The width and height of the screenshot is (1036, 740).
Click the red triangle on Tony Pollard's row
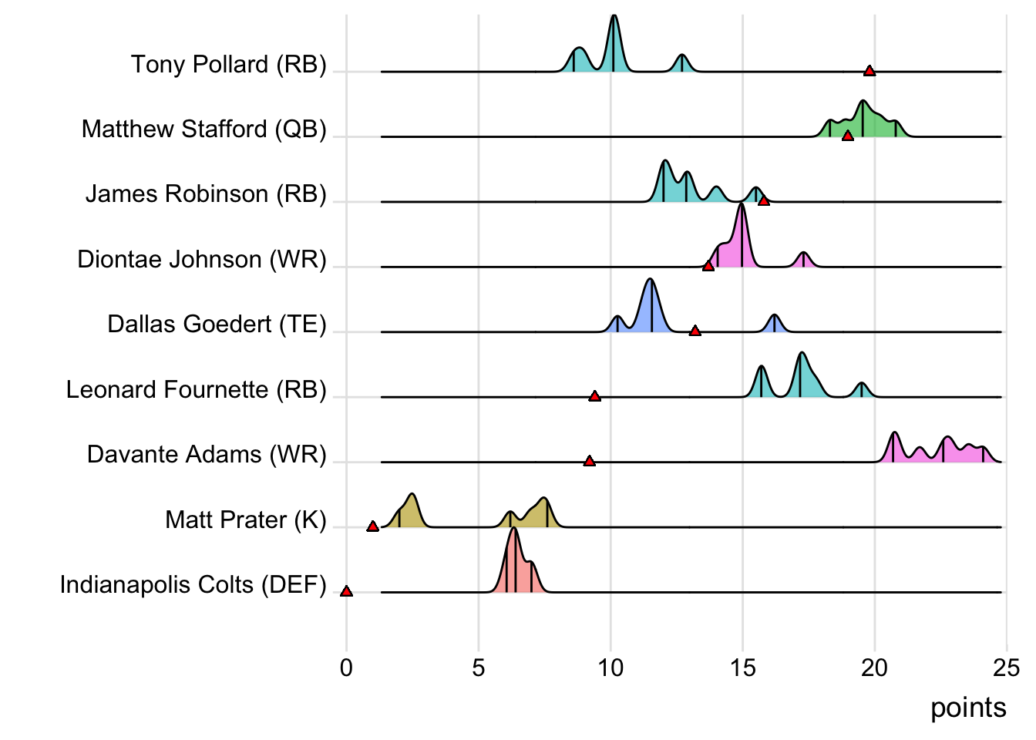[x=869, y=71]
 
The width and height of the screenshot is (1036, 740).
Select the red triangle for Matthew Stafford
[x=847, y=136]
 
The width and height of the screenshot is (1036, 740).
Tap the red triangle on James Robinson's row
[x=763, y=200]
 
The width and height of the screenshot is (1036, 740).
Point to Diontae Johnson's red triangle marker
[x=708, y=266]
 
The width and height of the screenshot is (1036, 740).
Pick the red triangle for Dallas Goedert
[x=695, y=331]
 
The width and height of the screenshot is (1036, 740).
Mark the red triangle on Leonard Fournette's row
[x=594, y=396]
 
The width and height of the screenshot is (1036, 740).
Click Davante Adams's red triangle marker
[x=589, y=461]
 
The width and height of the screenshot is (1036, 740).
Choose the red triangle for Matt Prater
[x=372, y=526]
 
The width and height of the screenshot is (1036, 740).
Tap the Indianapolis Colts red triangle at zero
[x=346, y=591]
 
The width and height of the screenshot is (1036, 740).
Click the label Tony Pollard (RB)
[x=228, y=64]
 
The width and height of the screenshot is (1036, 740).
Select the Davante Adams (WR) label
[x=207, y=454]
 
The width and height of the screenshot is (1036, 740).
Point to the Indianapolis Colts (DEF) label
[x=193, y=584]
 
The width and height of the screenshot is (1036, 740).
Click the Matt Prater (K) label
[x=246, y=520]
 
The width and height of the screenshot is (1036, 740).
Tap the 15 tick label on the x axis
[x=742, y=668]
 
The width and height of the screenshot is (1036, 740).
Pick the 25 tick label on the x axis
[x=1006, y=668]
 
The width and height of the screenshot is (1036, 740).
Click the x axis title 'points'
[x=968, y=708]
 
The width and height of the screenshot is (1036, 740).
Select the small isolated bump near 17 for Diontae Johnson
[x=803, y=260]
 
